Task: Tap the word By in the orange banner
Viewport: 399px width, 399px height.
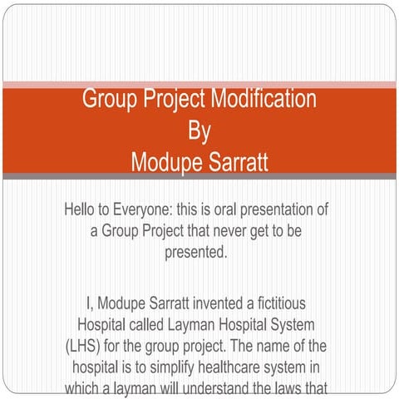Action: coord(199,131)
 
